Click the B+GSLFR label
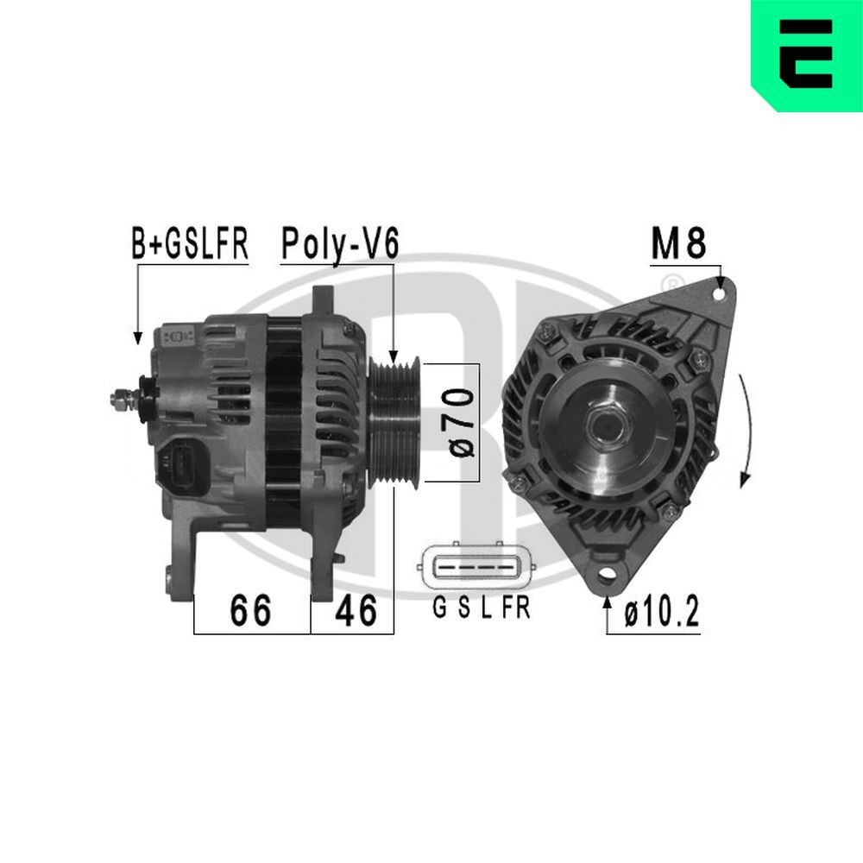pos(190,244)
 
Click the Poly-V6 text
pos(339,244)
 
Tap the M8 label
pos(678,244)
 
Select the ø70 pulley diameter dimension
pos(462,422)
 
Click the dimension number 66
pos(250,611)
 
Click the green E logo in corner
pos(807,54)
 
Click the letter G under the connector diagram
pos(439,609)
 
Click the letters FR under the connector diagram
pos(516,609)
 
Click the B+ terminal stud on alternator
pos(121,399)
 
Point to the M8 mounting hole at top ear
pos(719,293)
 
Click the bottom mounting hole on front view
pos(609,573)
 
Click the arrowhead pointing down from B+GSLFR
pos(136,339)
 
